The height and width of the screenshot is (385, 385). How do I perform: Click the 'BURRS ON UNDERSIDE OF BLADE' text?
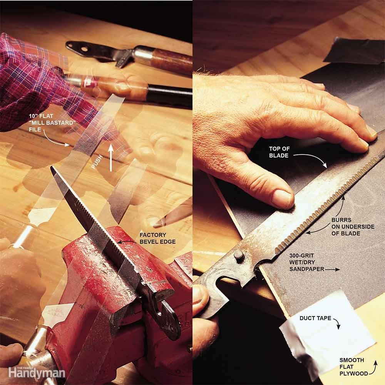click(x=353, y=227)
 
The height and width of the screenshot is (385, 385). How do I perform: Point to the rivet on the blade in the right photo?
click(x=239, y=255)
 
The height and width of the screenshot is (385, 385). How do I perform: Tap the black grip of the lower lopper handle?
click(x=169, y=94)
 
